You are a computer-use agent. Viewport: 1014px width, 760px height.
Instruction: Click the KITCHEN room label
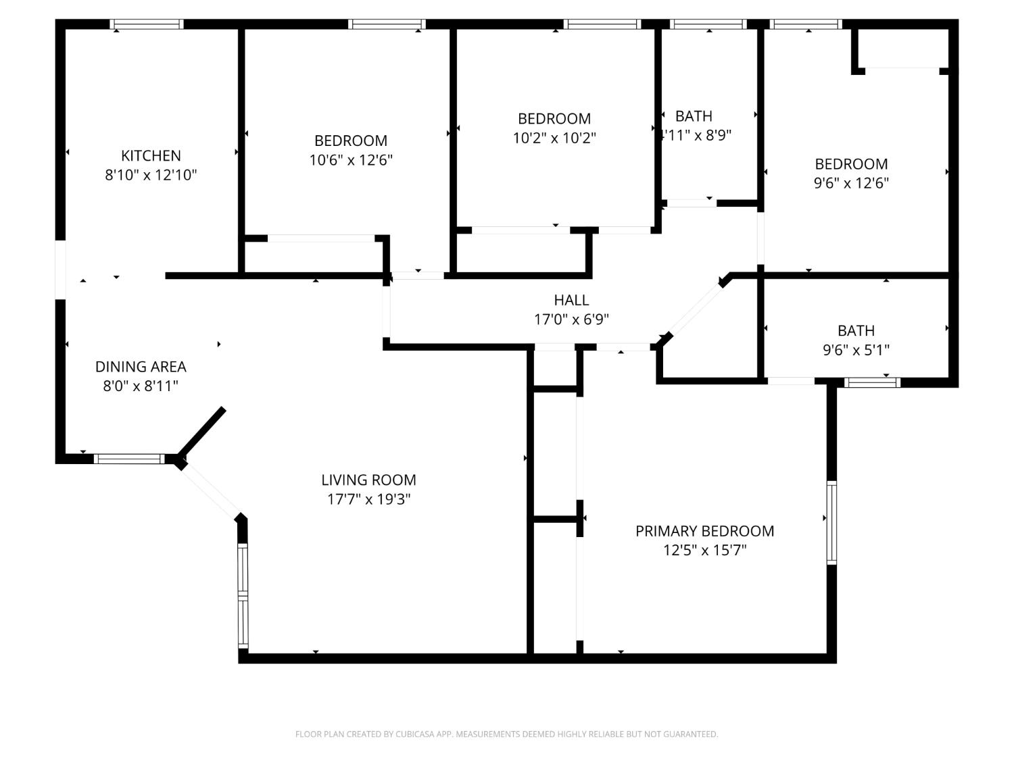(x=151, y=155)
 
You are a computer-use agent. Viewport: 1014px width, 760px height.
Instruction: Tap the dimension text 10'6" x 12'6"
(x=351, y=160)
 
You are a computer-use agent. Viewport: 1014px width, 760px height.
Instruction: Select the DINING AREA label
(x=141, y=367)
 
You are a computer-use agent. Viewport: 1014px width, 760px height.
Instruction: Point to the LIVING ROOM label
(x=368, y=480)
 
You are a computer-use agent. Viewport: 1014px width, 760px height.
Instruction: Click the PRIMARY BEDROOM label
(x=704, y=531)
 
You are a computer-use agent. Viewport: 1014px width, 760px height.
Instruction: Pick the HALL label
(x=571, y=300)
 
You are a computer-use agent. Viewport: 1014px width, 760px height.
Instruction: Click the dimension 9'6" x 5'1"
(x=856, y=350)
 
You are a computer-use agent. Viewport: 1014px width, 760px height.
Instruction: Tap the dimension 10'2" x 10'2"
(x=554, y=138)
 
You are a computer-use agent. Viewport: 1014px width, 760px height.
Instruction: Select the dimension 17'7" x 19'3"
(x=368, y=499)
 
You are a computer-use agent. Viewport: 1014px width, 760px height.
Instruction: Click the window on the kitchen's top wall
(x=147, y=24)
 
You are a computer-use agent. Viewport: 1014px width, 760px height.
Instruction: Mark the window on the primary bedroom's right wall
(x=831, y=522)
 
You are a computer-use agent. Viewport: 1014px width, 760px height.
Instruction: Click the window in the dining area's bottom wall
(x=129, y=459)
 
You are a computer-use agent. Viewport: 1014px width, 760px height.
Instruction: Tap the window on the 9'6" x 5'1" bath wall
(x=873, y=382)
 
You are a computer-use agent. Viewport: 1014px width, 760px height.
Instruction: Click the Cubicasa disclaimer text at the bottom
(x=506, y=734)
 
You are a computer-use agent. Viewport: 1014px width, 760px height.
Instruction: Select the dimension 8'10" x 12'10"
(x=151, y=175)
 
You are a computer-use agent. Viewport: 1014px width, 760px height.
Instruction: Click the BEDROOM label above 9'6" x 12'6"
(x=851, y=164)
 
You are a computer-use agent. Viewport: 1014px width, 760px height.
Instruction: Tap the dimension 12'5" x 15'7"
(x=704, y=550)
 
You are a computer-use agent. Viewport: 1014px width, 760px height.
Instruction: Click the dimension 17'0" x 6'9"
(x=571, y=320)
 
